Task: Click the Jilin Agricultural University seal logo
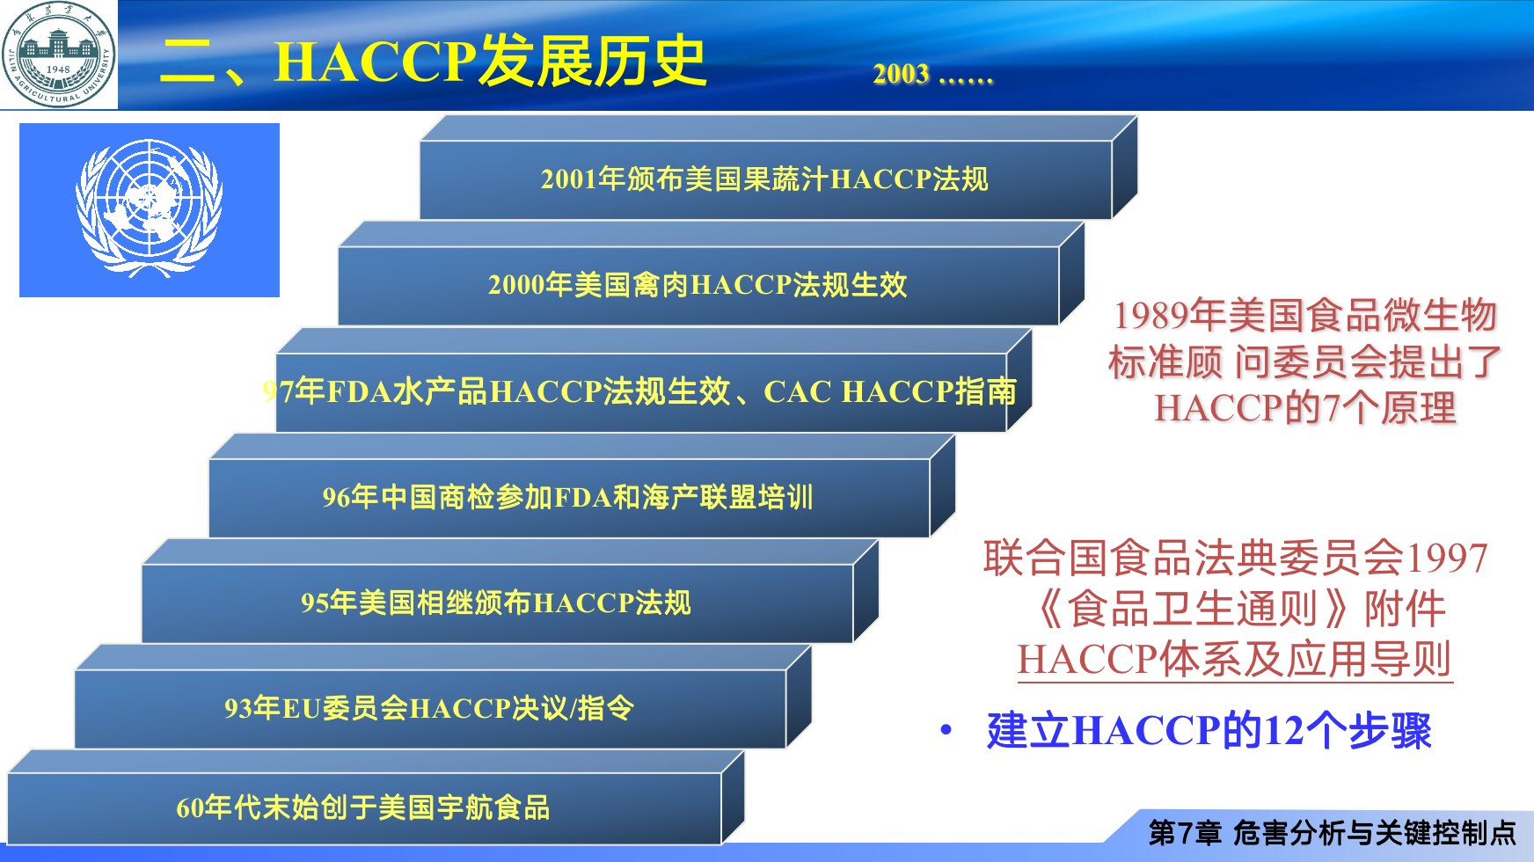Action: pos(58,55)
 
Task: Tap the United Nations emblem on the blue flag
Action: pos(150,208)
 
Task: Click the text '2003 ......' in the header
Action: pos(933,74)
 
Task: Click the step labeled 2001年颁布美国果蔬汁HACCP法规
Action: pos(765,179)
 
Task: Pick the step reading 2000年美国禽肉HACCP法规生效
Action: pos(698,285)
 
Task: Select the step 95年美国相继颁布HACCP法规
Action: pos(497,603)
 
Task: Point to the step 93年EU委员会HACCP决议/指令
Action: pos(430,709)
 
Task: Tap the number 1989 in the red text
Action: pos(1151,316)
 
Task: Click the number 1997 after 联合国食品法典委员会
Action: pos(1448,559)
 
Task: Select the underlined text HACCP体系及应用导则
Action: pos(1235,660)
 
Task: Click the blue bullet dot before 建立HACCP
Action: pos(946,729)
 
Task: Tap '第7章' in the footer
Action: pos(1185,832)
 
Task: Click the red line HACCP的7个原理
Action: pos(1305,408)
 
